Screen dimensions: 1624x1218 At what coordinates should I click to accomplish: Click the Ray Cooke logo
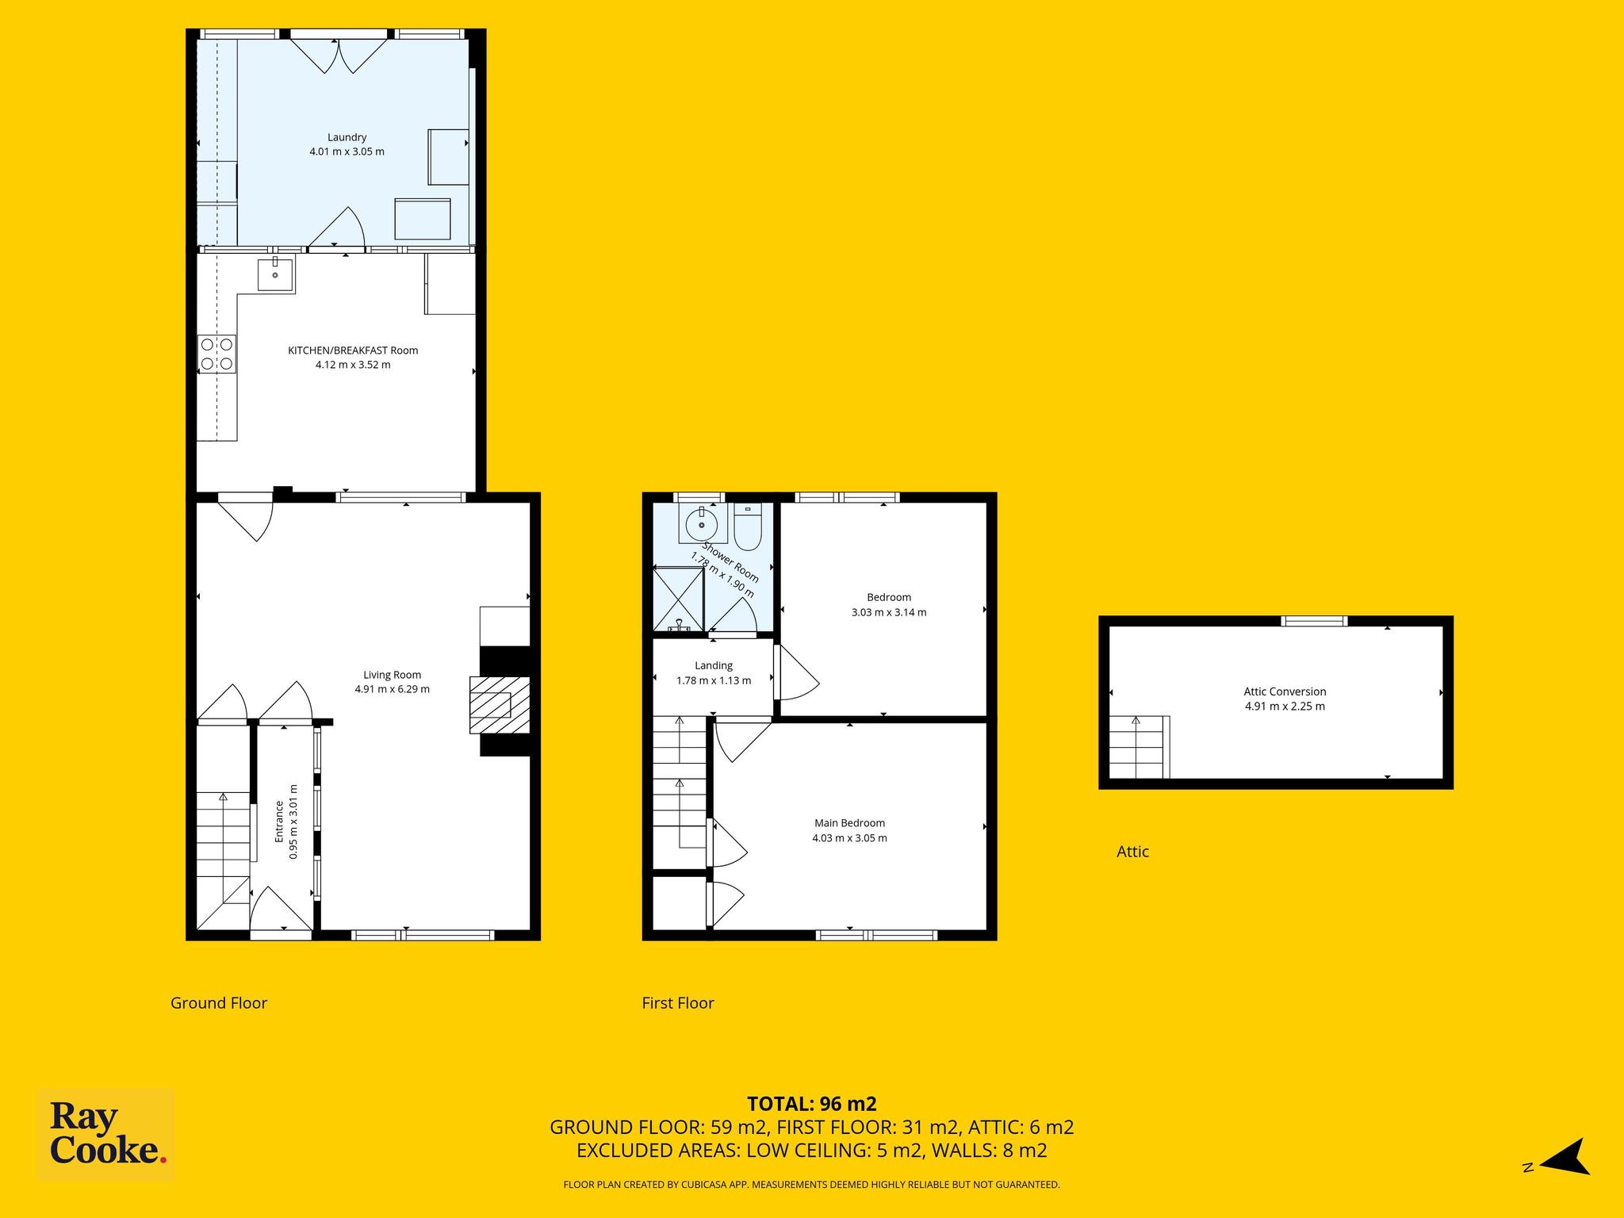106,1135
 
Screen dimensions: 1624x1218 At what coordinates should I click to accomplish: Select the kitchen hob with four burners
216,354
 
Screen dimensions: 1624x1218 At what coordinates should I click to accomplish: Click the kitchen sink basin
275,274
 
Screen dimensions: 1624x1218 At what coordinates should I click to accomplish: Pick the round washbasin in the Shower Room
702,523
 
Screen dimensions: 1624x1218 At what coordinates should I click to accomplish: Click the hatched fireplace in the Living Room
500,704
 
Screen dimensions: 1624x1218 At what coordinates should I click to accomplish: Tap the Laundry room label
347,137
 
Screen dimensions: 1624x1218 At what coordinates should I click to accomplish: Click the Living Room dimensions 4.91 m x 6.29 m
393,689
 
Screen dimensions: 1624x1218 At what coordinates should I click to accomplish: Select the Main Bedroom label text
849,823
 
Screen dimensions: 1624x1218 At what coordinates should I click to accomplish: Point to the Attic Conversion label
1285,691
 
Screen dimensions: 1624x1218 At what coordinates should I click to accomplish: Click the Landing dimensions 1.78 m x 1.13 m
714,680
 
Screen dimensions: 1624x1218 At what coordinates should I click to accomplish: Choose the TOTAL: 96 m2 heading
812,1104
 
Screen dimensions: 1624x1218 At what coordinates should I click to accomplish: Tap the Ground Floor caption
219,1003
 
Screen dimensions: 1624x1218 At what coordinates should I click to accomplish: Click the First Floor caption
678,1003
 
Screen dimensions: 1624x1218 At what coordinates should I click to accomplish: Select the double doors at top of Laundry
339,54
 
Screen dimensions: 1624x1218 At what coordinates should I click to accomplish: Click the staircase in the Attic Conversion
1139,747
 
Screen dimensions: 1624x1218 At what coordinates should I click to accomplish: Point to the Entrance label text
279,822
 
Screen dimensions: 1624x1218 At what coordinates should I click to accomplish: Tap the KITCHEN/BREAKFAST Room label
353,350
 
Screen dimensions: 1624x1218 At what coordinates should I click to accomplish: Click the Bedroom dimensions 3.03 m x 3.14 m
889,612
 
